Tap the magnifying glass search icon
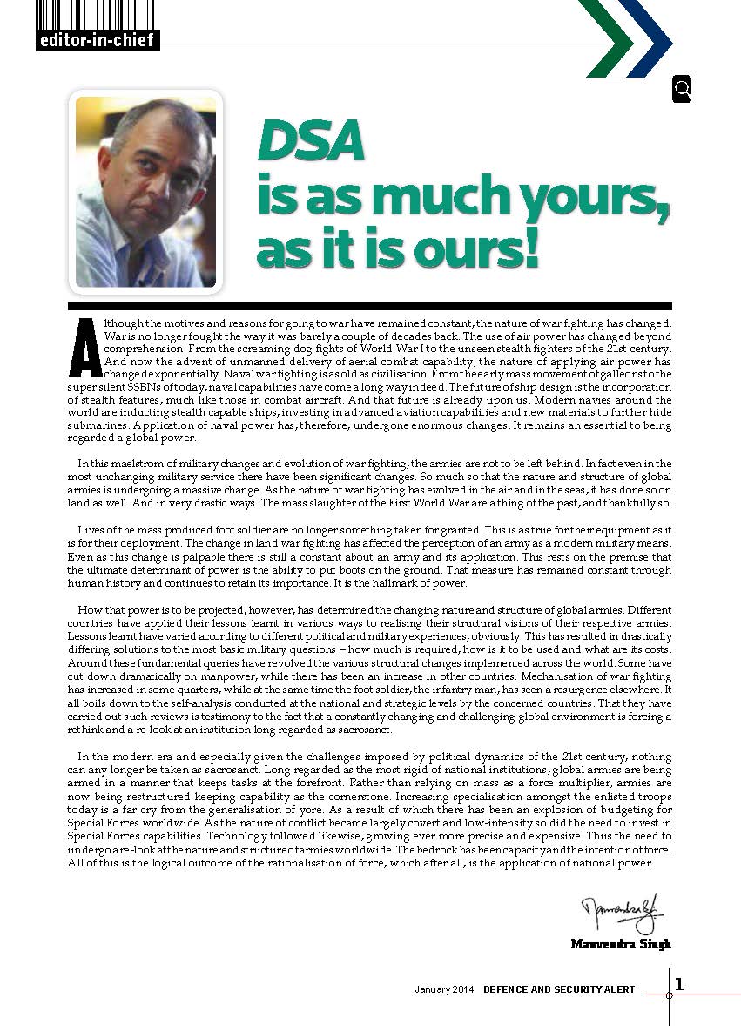tap(682, 89)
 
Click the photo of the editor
tap(145, 192)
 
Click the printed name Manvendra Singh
tap(621, 944)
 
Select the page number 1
tap(679, 984)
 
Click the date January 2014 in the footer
tap(443, 990)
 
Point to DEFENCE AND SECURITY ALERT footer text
tap(560, 990)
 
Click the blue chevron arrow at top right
tap(649, 39)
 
